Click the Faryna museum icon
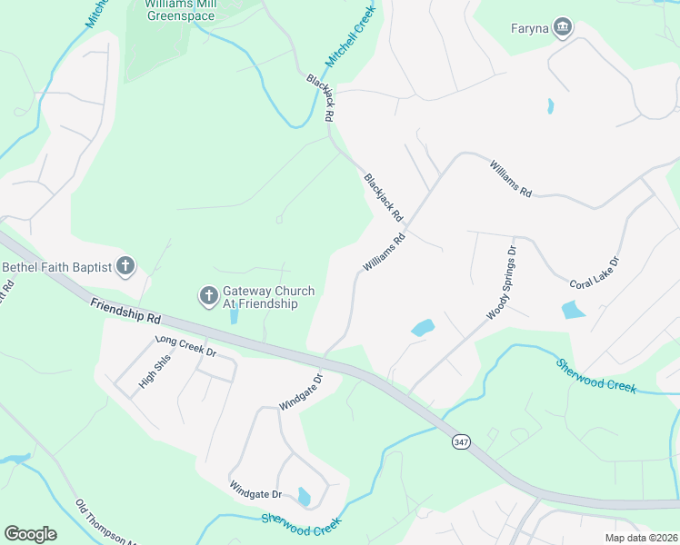(564, 28)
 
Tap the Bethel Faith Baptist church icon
(125, 267)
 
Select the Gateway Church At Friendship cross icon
(208, 296)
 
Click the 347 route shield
(460, 441)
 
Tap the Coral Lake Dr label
(595, 272)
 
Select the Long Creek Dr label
(185, 345)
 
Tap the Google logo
(30, 534)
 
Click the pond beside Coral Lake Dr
(574, 309)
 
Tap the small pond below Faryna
(551, 106)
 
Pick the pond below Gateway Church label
(234, 317)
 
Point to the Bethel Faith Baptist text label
(56, 267)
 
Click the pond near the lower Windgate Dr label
(304, 497)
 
